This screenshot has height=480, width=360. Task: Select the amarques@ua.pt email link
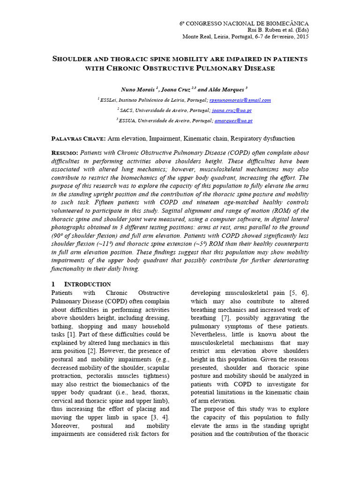233,120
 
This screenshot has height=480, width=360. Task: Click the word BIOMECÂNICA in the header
287,23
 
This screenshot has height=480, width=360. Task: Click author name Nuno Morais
136,89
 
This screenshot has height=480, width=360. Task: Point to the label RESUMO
64,153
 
